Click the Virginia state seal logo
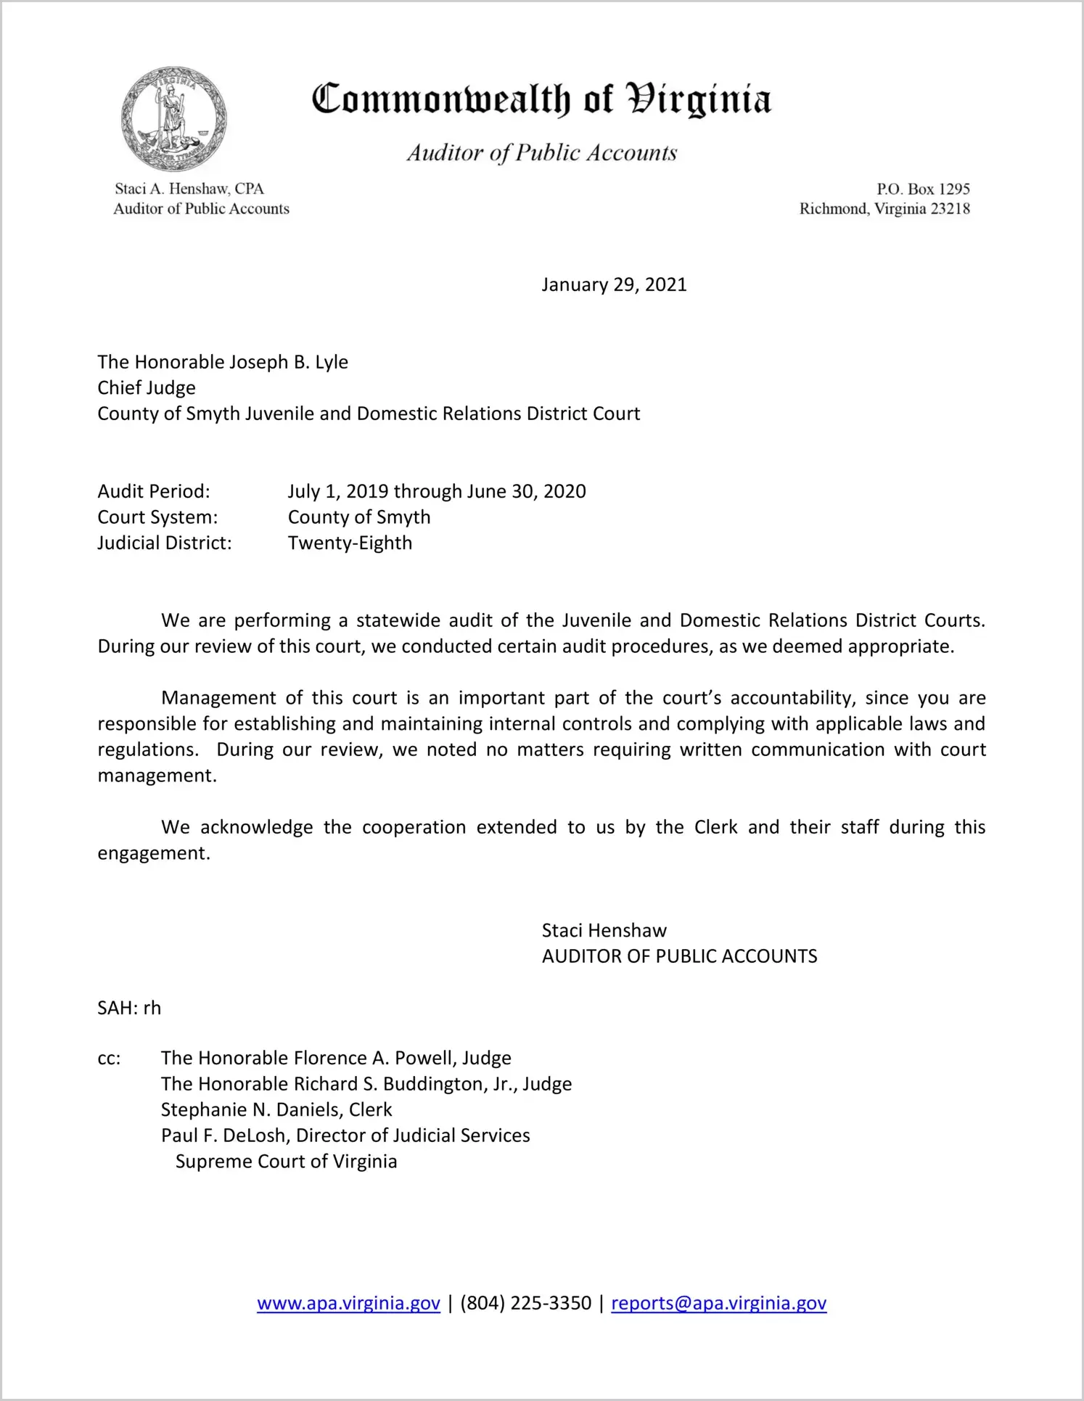coord(173,119)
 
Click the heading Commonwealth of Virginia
coord(541,100)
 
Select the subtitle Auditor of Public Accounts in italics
coord(541,153)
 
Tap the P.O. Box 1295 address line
coord(923,189)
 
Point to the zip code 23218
coord(950,209)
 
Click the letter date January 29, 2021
coord(614,284)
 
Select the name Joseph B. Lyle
coord(289,362)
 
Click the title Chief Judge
coord(147,387)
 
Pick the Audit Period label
coord(154,491)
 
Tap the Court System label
coord(157,517)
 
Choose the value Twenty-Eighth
coord(350,543)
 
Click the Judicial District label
coord(165,543)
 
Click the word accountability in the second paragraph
coord(792,698)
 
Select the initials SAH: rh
coord(129,1008)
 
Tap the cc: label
coord(109,1059)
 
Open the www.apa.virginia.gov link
coord(348,1303)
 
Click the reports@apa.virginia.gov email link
coord(718,1303)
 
